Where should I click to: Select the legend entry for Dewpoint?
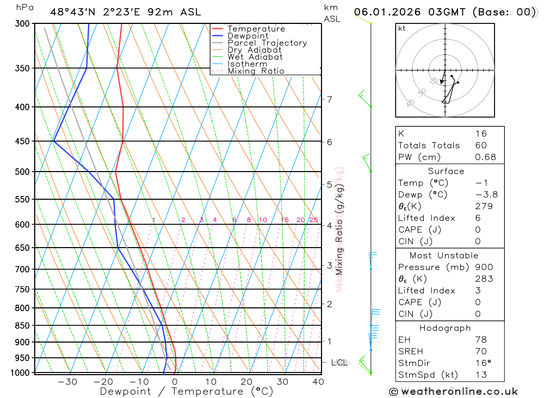pyautogui.click(x=248, y=36)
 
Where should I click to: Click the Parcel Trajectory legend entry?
pyautogui.click(x=267, y=43)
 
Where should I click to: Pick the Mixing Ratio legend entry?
pyautogui.click(x=256, y=71)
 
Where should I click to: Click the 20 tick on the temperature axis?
pyautogui.click(x=246, y=382)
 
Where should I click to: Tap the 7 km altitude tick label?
pyautogui.click(x=329, y=99)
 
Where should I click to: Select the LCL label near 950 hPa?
pyautogui.click(x=339, y=362)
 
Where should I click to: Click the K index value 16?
pyautogui.click(x=480, y=134)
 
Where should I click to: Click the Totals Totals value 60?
pyautogui.click(x=480, y=146)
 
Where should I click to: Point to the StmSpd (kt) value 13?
pyautogui.click(x=480, y=375)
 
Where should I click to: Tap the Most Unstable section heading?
pyautogui.click(x=444, y=255)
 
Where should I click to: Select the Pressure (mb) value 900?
pyautogui.click(x=484, y=267)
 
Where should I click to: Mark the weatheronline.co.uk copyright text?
pyautogui.click(x=453, y=391)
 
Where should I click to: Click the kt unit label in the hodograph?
pyautogui.click(x=402, y=28)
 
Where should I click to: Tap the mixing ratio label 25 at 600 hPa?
pyautogui.click(x=313, y=220)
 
